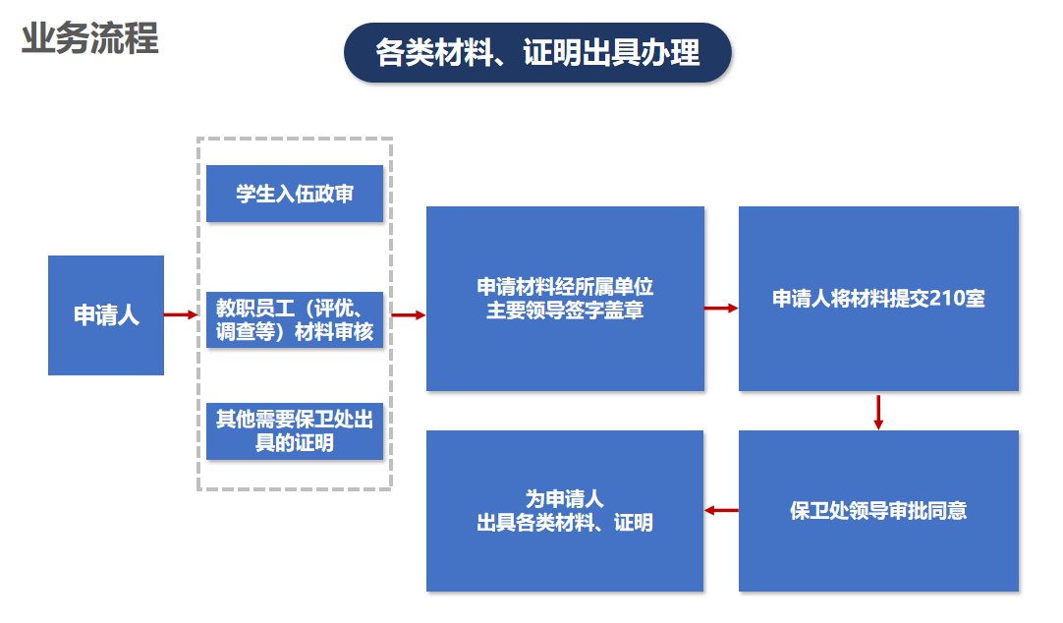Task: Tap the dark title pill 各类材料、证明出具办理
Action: (x=537, y=52)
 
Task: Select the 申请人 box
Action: (x=106, y=315)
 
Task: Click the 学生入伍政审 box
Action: (x=295, y=194)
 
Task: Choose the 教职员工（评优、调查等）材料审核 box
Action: (x=295, y=319)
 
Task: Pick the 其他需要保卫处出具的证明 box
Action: (x=295, y=431)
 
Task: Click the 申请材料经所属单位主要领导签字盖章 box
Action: (x=565, y=299)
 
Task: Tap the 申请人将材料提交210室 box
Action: (x=878, y=299)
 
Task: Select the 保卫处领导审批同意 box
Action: (x=878, y=511)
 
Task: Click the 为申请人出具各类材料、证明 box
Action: (x=565, y=511)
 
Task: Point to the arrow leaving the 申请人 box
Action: (x=181, y=315)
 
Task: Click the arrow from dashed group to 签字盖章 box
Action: (x=409, y=315)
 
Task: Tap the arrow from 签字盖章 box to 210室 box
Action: (x=721, y=309)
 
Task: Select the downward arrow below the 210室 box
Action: (x=878, y=412)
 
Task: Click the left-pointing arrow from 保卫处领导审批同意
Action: (x=721, y=510)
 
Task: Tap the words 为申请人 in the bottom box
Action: (x=565, y=499)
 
